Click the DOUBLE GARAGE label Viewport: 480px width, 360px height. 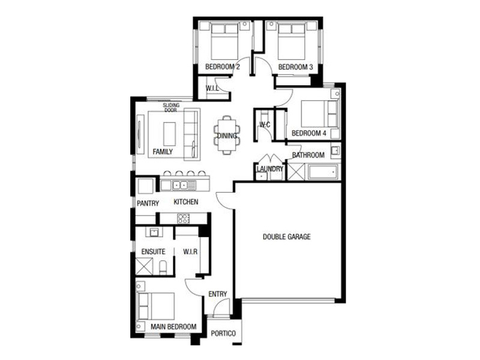pyautogui.click(x=287, y=236)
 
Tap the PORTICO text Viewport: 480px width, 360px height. pyautogui.click(x=223, y=334)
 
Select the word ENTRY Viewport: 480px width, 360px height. pyautogui.click(x=218, y=294)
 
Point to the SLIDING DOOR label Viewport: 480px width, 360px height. pyautogui.click(x=171, y=107)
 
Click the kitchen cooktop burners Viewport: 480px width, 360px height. pyautogui.click(x=184, y=218)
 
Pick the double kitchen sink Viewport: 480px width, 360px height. pyautogui.click(x=179, y=185)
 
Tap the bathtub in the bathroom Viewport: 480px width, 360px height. pyautogui.click(x=323, y=172)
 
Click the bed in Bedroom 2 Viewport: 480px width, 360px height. pyautogui.click(x=224, y=41)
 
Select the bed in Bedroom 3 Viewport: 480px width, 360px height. pyautogui.click(x=292, y=41)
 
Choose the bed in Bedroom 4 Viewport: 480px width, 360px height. pyautogui.click(x=320, y=113)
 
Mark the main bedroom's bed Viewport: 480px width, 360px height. pyautogui.click(x=156, y=306)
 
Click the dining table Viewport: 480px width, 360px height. pyautogui.click(x=227, y=135)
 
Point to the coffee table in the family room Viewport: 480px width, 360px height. pyautogui.click(x=170, y=134)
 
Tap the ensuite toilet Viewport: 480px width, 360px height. pyautogui.click(x=163, y=267)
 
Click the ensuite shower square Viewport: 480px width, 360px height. pyautogui.click(x=144, y=266)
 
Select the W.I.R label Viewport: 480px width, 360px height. pyautogui.click(x=190, y=252)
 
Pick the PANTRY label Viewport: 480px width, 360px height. pyautogui.click(x=148, y=203)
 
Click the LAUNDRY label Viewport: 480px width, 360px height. pyautogui.click(x=269, y=169)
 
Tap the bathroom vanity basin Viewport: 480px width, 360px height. pyautogui.click(x=336, y=151)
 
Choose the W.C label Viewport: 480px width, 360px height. pyautogui.click(x=265, y=125)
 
